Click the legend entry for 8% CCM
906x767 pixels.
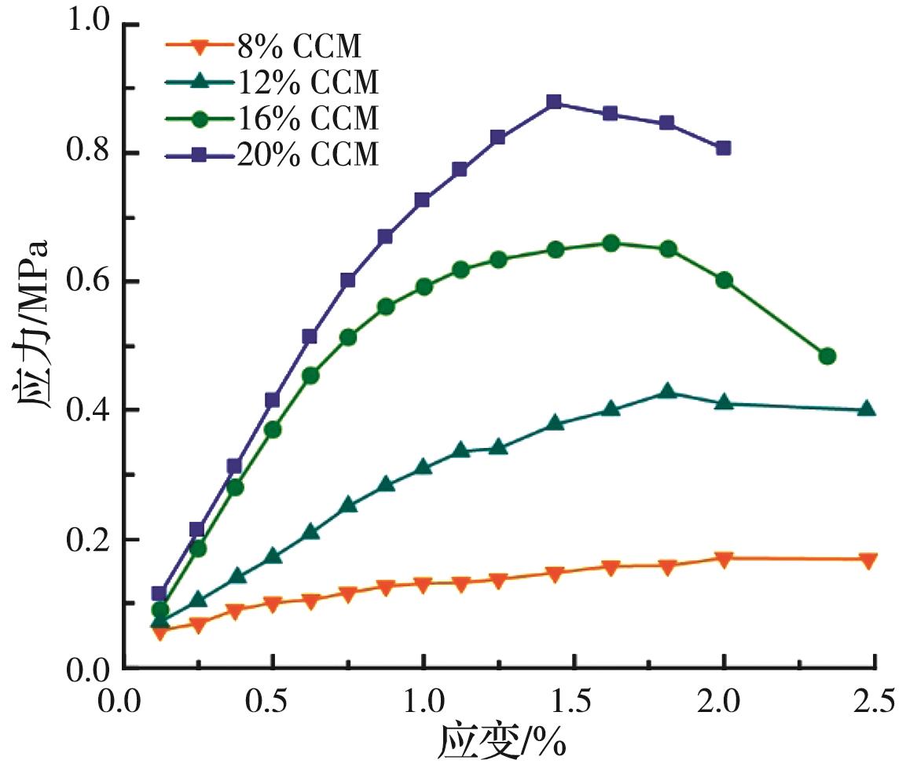[x=299, y=48]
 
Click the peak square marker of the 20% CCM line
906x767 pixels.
[x=554, y=102]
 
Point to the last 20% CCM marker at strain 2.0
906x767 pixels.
[x=723, y=148]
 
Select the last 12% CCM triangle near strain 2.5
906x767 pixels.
[x=867, y=409]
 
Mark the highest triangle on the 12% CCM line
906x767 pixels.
[x=667, y=391]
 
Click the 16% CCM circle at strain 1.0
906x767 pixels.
[x=424, y=287]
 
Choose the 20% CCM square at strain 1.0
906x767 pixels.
[x=423, y=200]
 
